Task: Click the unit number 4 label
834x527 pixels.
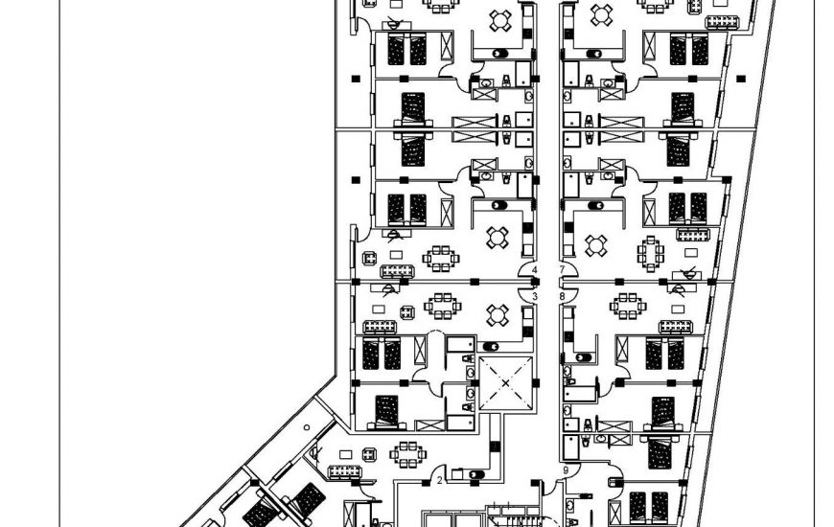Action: point(535,270)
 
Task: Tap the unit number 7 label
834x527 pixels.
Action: point(562,270)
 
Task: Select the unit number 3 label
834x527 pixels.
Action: point(535,297)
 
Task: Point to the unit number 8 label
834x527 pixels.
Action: point(562,297)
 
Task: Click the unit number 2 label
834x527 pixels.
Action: point(439,480)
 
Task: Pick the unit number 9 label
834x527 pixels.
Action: point(566,470)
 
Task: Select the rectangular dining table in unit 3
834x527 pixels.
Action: point(442,306)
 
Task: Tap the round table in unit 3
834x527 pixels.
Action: point(497,314)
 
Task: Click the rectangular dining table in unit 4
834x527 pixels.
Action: point(440,258)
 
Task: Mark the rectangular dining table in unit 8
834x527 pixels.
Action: point(629,306)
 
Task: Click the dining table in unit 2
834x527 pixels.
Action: point(407,454)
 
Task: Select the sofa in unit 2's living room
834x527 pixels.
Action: point(344,471)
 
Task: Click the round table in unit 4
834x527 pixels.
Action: point(497,236)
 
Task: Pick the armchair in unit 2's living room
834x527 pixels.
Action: point(369,452)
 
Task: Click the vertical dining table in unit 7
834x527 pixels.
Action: point(650,253)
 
